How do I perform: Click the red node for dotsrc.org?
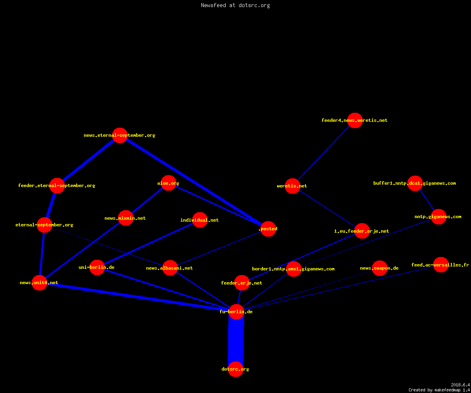click(x=235, y=369)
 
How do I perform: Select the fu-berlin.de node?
click(x=236, y=312)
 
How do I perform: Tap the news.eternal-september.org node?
click(x=120, y=135)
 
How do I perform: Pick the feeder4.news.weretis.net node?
click(x=355, y=120)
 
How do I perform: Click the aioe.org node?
click(x=168, y=183)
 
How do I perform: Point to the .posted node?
click(x=268, y=229)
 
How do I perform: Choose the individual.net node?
click(x=200, y=220)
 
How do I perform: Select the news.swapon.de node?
click(x=380, y=268)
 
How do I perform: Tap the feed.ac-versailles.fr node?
click(x=441, y=265)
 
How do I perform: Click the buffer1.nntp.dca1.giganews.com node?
click(x=415, y=183)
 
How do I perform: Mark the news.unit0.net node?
click(x=39, y=283)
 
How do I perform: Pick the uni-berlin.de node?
click(x=97, y=267)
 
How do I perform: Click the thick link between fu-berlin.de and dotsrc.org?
click(x=236, y=340)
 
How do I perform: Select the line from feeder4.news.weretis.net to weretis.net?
click(x=324, y=153)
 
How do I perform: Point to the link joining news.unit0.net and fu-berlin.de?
click(x=138, y=297)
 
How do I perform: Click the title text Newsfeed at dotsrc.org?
click(x=235, y=5)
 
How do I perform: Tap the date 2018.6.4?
click(x=460, y=385)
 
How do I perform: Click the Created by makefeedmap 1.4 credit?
click(x=439, y=390)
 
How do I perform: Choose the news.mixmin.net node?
click(x=126, y=218)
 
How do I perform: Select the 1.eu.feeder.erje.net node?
click(x=362, y=231)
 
